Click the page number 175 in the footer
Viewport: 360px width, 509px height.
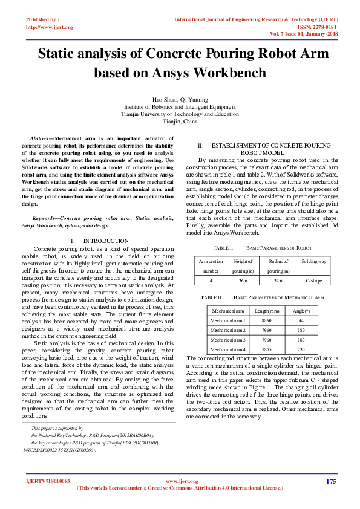click(331, 481)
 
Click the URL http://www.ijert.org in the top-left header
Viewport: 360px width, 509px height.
click(49, 27)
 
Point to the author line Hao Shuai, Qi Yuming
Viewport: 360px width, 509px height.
click(180, 99)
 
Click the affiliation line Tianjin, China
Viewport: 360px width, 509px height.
click(180, 121)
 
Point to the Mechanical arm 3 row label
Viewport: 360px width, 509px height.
click(227, 340)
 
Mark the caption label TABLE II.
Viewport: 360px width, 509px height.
click(212, 298)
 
